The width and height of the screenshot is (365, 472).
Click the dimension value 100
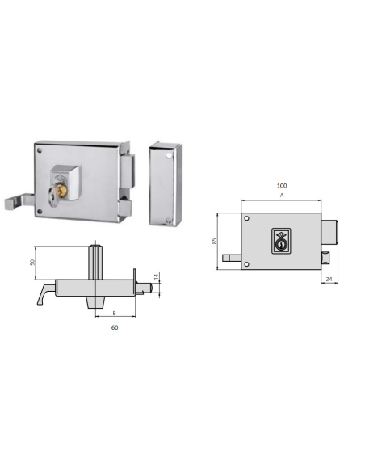[281, 185]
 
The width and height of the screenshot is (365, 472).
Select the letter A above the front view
[281, 196]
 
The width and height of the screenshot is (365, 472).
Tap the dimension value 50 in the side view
[33, 263]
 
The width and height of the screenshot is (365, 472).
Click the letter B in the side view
[114, 312]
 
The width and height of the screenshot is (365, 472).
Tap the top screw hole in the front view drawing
[245, 218]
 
